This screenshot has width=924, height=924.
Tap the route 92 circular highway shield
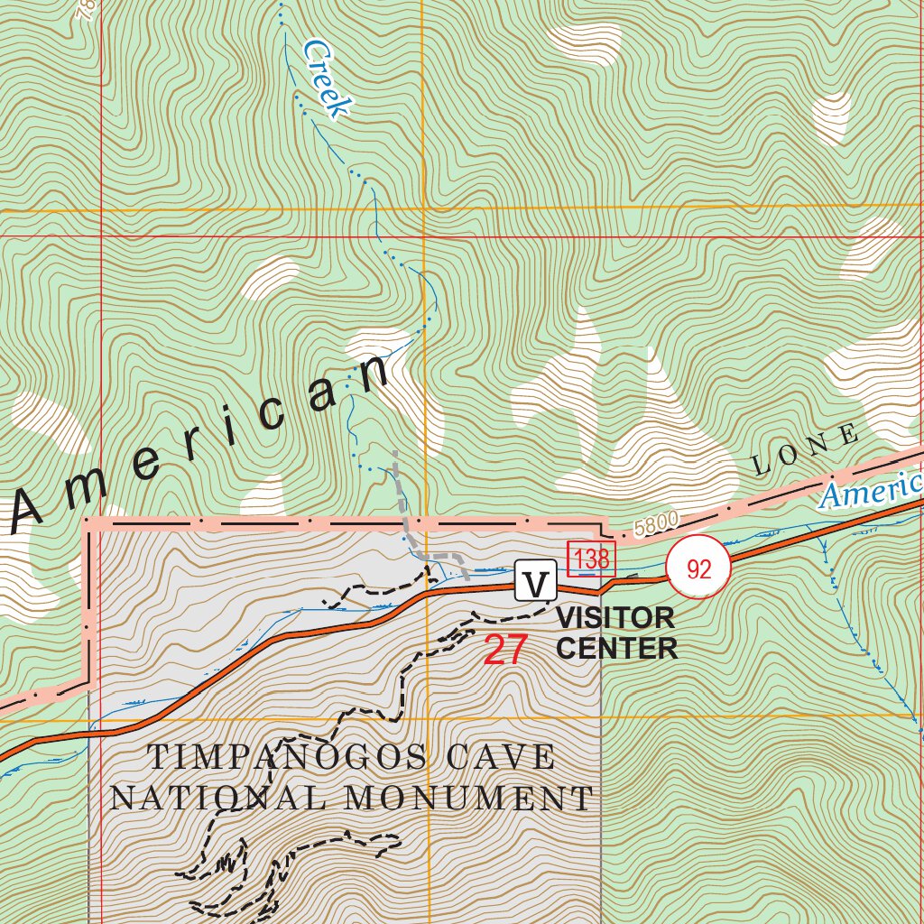coord(698,568)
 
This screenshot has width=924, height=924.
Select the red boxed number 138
coord(591,559)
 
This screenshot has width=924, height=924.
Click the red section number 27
coord(504,651)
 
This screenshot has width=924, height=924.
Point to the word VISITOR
coord(615,619)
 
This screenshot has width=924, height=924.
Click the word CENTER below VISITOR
coord(617,648)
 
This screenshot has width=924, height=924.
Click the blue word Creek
coord(325,79)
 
